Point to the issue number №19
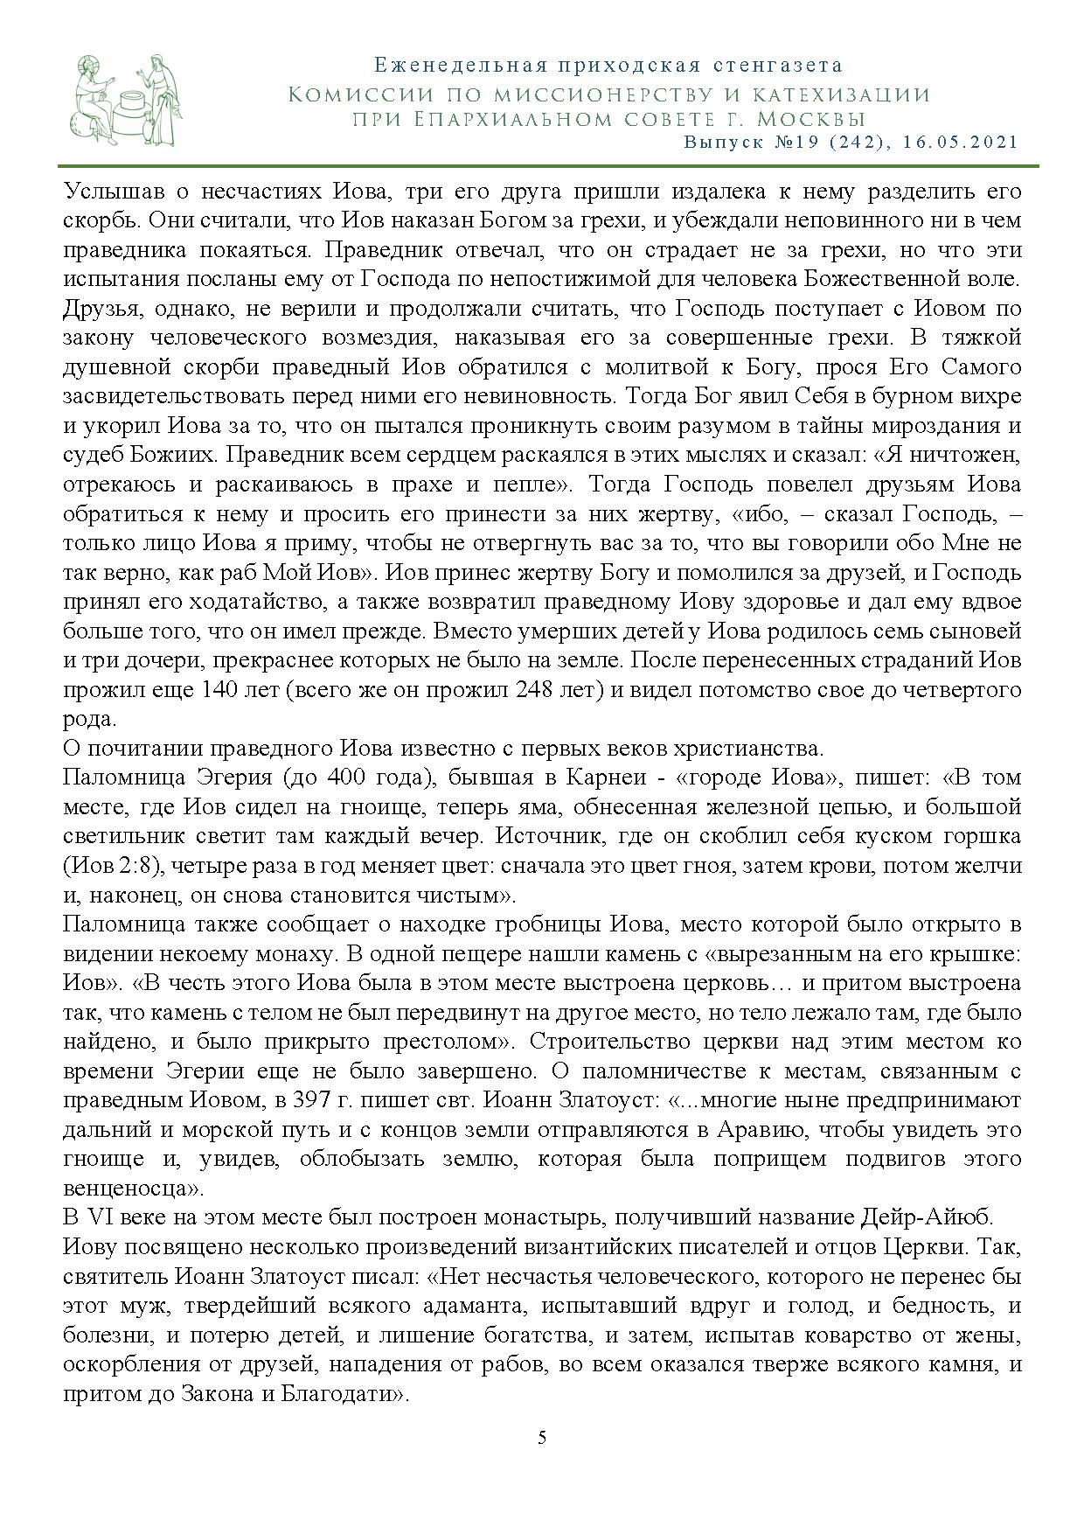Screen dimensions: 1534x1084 [x=789, y=142]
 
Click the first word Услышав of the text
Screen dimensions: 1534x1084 [x=105, y=191]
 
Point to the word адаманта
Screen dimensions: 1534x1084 [x=477, y=1306]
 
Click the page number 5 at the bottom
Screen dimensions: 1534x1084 [x=542, y=1437]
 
